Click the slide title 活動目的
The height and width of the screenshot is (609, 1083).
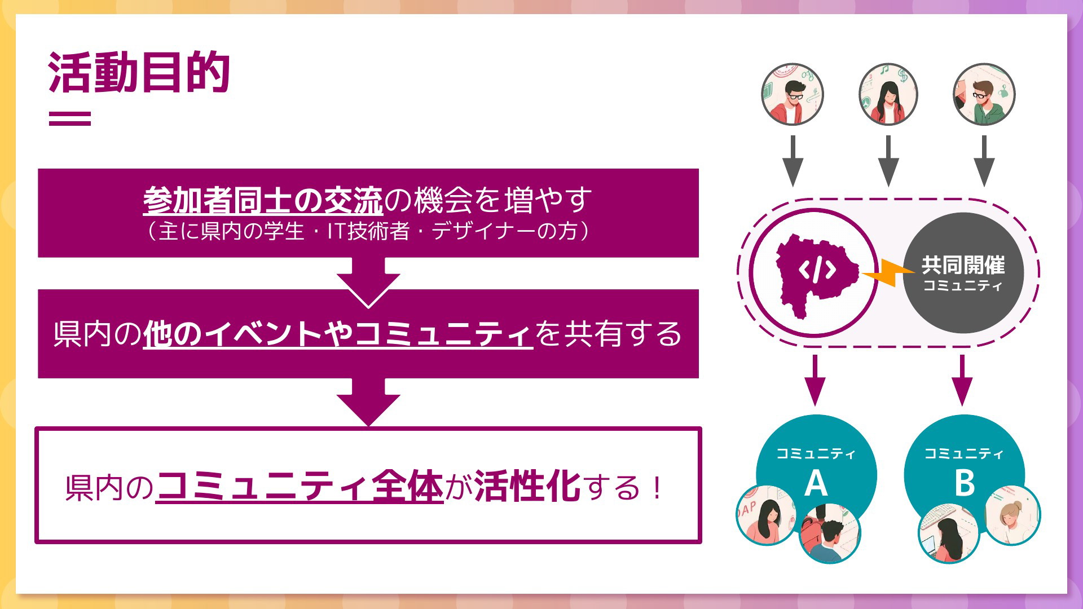coord(139,72)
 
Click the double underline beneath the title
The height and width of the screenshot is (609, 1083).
coord(70,118)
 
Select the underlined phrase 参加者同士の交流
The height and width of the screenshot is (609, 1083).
coord(263,200)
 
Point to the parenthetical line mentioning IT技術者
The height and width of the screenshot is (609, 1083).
coord(368,231)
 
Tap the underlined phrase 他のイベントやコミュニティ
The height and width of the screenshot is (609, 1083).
coord(338,334)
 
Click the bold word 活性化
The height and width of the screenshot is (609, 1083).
coord(527,487)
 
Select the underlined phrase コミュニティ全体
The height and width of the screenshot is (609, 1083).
coord(300,487)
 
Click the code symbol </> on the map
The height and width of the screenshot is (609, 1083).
coord(817,270)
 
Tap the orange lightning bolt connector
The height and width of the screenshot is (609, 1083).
coord(887,273)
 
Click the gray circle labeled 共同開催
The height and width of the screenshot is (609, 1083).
coord(963,273)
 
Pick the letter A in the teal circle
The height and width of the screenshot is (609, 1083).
coord(816,484)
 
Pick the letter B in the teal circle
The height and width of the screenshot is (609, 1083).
coord(964,484)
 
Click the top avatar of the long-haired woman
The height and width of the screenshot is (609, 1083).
coord(888,94)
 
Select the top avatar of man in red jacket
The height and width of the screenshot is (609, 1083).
coord(793,94)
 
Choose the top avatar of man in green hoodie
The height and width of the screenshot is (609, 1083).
coord(984,94)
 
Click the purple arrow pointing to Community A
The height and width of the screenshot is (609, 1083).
coord(815,380)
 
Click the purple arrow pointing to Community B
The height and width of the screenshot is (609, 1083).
coord(962,380)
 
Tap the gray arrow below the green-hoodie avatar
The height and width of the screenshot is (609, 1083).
coord(984,161)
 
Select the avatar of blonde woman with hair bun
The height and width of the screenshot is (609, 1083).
coord(1012,515)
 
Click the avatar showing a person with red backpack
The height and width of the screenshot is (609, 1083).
coord(829,533)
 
